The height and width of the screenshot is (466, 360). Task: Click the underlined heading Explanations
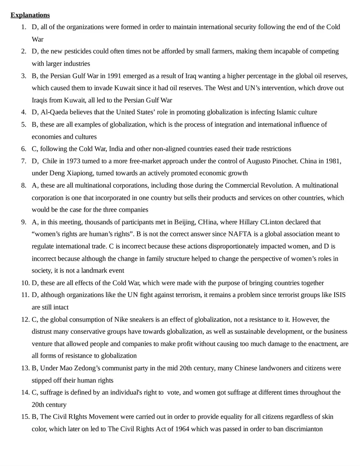pyautogui.click(x=30, y=15)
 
